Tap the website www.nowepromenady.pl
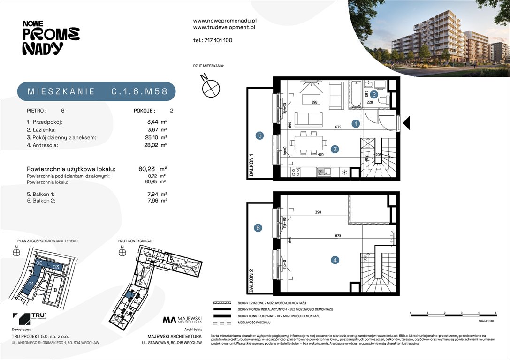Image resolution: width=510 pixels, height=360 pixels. [225, 21]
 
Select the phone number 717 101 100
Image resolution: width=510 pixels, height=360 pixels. [213, 40]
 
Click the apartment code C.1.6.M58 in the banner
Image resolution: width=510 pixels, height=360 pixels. [139, 91]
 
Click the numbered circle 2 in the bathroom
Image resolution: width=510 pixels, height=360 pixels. [374, 94]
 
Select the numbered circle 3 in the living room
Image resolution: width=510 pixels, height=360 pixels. [335, 149]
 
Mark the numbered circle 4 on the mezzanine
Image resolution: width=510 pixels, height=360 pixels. [335, 260]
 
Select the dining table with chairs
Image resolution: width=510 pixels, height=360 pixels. [307, 142]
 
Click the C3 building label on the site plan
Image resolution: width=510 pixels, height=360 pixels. [55, 267]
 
